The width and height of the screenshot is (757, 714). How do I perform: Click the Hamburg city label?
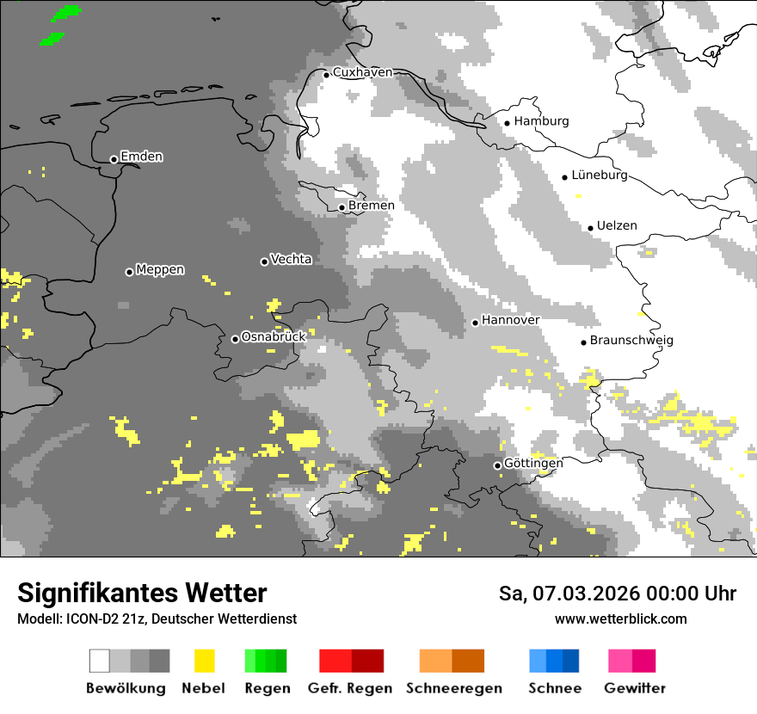541,121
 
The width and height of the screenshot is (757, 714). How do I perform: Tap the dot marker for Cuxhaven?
326,74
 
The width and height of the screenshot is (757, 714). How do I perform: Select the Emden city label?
141,157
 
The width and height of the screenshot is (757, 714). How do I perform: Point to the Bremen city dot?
342,207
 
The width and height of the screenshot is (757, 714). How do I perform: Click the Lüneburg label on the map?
599,175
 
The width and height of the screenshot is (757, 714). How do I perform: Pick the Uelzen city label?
617,225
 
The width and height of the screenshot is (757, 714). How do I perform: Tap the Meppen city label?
160,269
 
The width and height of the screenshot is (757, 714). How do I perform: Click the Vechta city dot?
264,262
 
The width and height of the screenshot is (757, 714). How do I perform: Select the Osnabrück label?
274,337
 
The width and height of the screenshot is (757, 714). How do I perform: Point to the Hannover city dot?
475,323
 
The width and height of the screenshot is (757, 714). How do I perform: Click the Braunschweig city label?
631,340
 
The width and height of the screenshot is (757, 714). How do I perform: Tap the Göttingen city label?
533,464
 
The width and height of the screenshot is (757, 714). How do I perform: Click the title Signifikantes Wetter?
142,594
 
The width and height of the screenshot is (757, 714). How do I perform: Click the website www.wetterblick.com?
620,619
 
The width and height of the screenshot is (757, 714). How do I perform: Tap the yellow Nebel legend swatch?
204,661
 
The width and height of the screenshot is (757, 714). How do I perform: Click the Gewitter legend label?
634,688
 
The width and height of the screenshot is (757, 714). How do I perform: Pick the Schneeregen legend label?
453,688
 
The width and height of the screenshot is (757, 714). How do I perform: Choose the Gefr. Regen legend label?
350,688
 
